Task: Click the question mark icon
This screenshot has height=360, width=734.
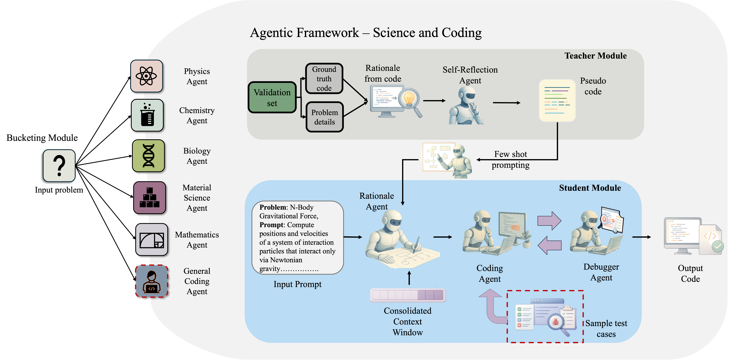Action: point(59,166)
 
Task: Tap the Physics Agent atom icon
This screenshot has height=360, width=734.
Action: point(146,76)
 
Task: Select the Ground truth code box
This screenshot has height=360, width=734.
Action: point(324,79)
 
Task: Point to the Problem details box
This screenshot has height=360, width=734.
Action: point(324,117)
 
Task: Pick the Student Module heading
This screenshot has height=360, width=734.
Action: point(590,188)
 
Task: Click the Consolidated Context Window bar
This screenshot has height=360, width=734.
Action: point(408,295)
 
